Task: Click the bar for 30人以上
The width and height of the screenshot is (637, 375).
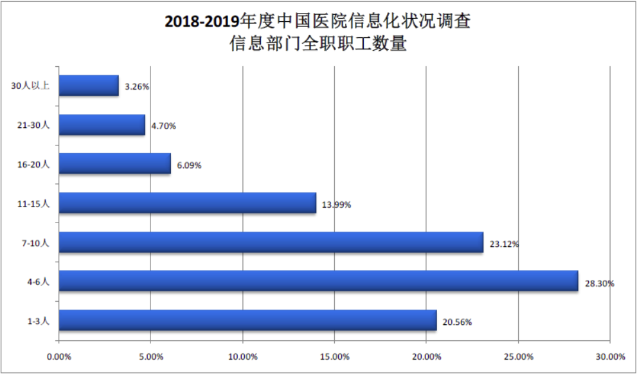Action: tap(89, 86)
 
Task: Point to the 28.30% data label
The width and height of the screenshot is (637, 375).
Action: tap(599, 283)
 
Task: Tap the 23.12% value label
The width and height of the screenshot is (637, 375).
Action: tap(504, 244)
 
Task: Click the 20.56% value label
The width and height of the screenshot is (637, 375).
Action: tap(457, 322)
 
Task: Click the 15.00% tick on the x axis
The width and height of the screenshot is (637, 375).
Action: tap(335, 356)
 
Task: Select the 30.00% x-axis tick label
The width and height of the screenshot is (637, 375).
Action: tap(610, 356)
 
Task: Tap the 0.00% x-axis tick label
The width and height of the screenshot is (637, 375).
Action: tap(59, 356)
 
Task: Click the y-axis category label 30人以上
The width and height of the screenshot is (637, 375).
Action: tap(32, 86)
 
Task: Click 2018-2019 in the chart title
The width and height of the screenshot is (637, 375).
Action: tap(201, 21)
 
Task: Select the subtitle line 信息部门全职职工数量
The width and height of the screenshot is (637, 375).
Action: tap(318, 44)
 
